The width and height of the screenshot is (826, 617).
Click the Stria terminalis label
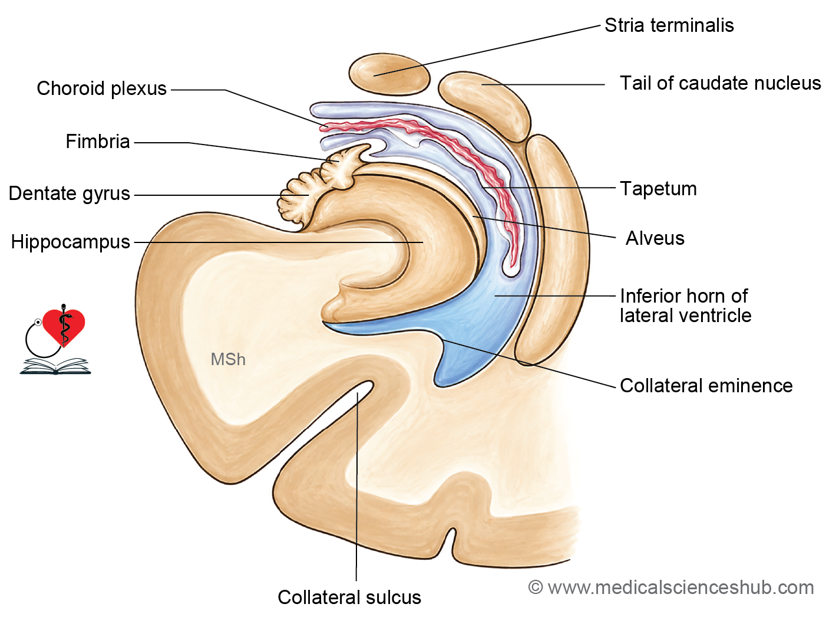[x=669, y=25]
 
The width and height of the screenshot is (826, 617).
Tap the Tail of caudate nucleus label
[x=721, y=83]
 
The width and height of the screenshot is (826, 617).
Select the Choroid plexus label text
[x=101, y=89]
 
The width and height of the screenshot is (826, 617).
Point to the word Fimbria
[x=98, y=142]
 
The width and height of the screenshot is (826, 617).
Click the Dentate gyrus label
[x=70, y=194]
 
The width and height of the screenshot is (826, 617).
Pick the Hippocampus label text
[x=70, y=242]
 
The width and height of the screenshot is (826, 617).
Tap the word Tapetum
[x=659, y=189]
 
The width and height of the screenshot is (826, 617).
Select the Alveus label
[x=655, y=238]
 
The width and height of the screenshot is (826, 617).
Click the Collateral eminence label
[x=706, y=385]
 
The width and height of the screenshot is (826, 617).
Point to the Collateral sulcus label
[x=349, y=597]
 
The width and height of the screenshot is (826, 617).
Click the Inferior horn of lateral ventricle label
[x=686, y=306]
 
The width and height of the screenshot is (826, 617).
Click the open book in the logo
[x=55, y=366]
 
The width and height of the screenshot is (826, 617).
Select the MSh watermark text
[x=228, y=359]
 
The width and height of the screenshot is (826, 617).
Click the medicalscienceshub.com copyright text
[x=671, y=588]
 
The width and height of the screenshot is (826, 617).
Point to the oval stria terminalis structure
[x=389, y=74]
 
